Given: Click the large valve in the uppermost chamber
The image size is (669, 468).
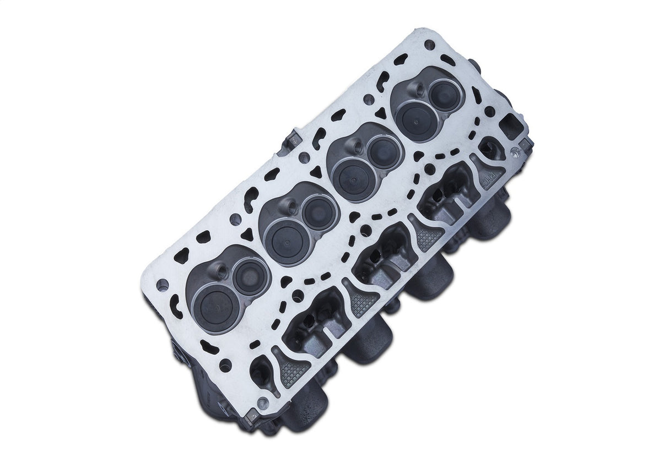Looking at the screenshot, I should [x=416, y=119].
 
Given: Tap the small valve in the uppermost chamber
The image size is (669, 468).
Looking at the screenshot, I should [x=444, y=96].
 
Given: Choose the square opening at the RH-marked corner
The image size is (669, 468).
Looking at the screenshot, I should [x=512, y=128].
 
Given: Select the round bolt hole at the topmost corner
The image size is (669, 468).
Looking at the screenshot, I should [x=429, y=44].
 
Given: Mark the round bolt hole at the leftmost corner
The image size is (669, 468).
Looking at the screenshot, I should [x=162, y=285].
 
